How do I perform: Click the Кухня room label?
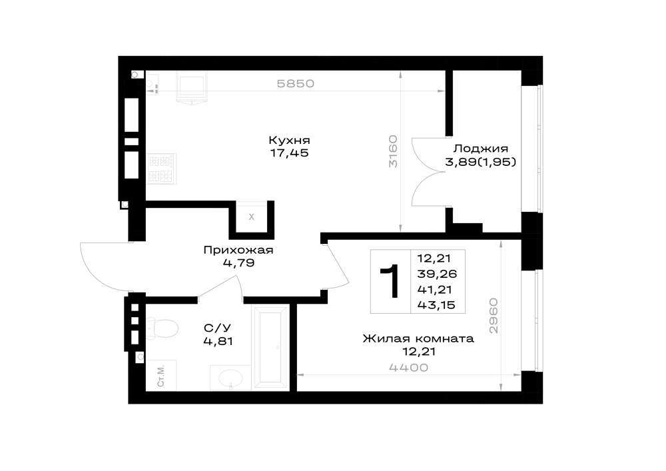289,141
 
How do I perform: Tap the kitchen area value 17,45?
289,153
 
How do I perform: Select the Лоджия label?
481,149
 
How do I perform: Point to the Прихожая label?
238,250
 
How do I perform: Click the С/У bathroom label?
218,328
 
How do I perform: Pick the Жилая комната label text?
418,338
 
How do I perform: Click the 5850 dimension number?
296,84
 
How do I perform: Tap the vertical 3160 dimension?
394,151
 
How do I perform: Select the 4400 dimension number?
409,368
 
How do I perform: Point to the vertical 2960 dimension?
493,316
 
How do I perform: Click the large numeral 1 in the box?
390,280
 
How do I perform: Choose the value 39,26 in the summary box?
437,274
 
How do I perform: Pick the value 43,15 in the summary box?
436,305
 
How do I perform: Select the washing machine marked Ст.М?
161,376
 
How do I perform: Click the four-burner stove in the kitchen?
161,169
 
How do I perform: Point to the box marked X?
252,217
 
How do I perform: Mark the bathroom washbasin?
230,378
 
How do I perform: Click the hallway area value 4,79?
238,263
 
